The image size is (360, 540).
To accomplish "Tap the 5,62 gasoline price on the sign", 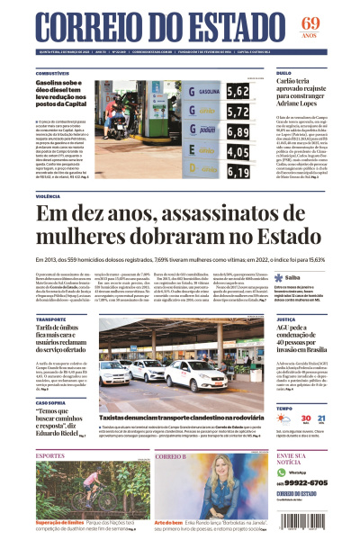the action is coord(238,92).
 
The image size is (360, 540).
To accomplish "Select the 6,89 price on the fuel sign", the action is coord(238,130).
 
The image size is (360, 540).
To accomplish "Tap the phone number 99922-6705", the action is coord(303,481).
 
